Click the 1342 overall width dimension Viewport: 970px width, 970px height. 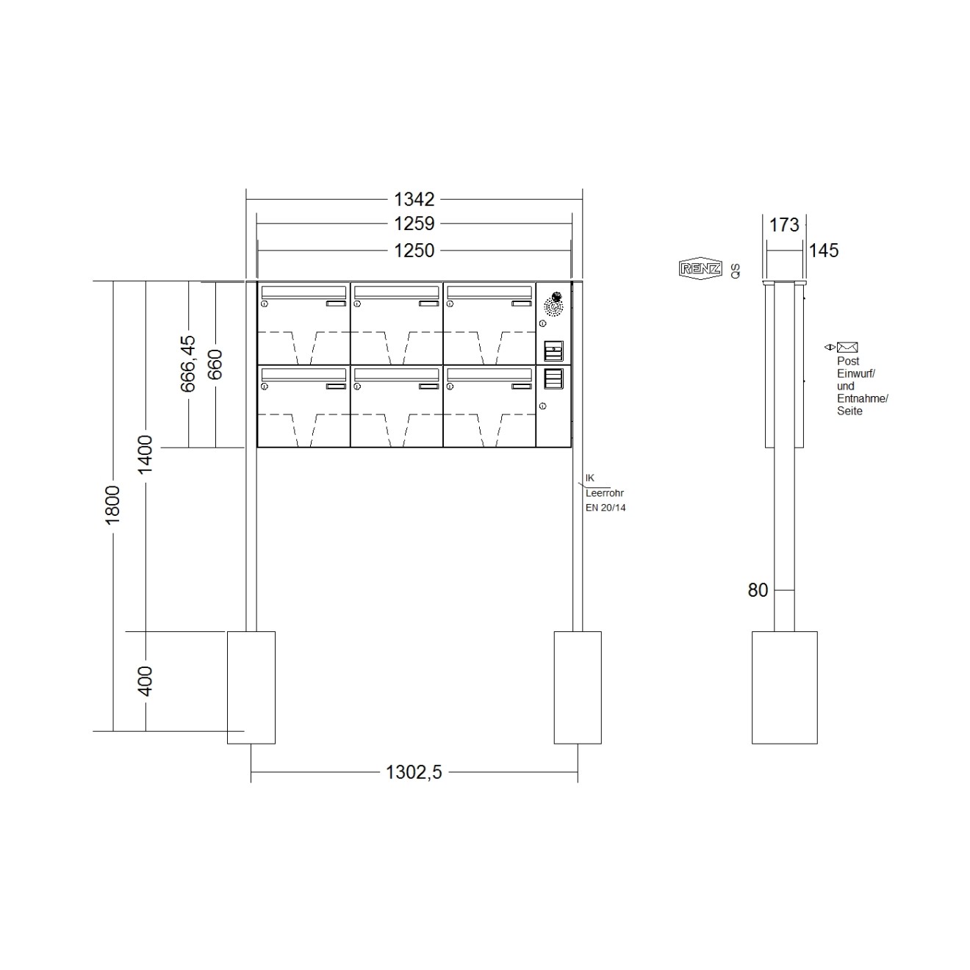click(x=414, y=199)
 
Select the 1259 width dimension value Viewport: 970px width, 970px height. click(x=414, y=223)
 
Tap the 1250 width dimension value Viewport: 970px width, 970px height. click(x=414, y=251)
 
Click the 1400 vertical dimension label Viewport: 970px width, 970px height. click(x=145, y=454)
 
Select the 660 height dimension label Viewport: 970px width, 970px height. click(x=215, y=364)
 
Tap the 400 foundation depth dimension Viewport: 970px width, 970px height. click(x=145, y=681)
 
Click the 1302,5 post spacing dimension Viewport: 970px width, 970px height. click(x=414, y=772)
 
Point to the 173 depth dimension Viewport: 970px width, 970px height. click(x=784, y=225)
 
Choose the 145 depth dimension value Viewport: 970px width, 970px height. click(x=823, y=251)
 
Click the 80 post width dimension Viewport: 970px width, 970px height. click(x=758, y=590)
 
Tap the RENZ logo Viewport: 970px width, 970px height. click(x=700, y=269)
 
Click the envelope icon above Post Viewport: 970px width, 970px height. click(x=847, y=348)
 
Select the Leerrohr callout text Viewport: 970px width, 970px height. click(x=605, y=494)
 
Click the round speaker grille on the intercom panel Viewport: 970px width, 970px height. click(x=552, y=303)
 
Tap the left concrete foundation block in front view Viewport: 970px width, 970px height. click(x=251, y=687)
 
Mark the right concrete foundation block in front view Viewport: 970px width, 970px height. click(x=577, y=687)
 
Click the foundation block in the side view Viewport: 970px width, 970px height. click(x=784, y=687)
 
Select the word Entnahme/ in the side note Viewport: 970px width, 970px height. click(x=863, y=398)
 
